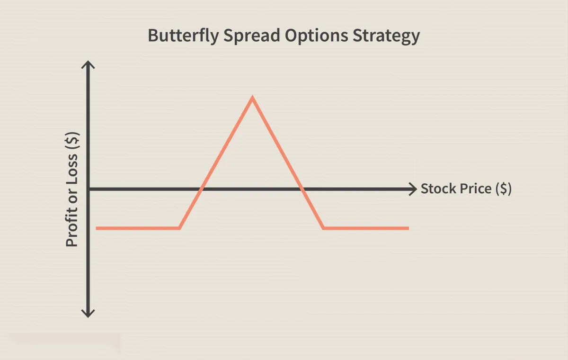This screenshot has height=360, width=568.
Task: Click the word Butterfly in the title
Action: coord(183,36)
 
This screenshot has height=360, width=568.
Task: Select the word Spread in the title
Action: coord(251,36)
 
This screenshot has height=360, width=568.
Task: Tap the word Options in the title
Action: coord(317,36)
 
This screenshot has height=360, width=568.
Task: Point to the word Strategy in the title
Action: coord(386,36)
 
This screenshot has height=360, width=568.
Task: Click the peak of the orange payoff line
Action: coord(252,98)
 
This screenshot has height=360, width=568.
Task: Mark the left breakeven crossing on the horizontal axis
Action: coord(201,189)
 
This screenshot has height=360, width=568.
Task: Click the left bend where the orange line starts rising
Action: coord(180,228)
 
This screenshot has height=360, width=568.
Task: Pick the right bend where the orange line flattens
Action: coord(323,228)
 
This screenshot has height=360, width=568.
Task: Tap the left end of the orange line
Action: coord(97,228)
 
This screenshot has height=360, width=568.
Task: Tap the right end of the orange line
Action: coord(408,228)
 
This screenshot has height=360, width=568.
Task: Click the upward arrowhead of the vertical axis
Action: coord(88,64)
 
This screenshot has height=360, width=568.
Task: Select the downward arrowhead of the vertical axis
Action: coord(88,314)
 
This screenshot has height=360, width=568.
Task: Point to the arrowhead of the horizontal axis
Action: coord(413,189)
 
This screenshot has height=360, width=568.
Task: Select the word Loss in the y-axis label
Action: coord(72,166)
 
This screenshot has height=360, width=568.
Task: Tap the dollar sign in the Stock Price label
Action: coord(504,189)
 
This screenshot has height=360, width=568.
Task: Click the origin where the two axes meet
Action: coord(88,189)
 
